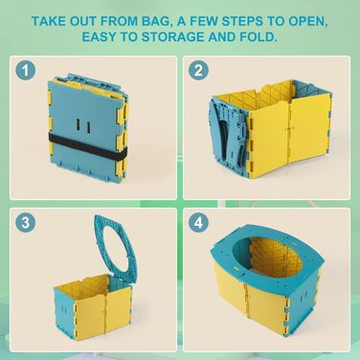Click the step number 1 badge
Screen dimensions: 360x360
click(26, 71)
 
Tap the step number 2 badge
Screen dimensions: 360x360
click(198, 71)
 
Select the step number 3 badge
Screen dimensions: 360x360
click(26, 222)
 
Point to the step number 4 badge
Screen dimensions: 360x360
click(198, 222)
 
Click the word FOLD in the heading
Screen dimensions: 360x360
click(259, 36)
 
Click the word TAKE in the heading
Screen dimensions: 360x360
click(48, 21)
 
